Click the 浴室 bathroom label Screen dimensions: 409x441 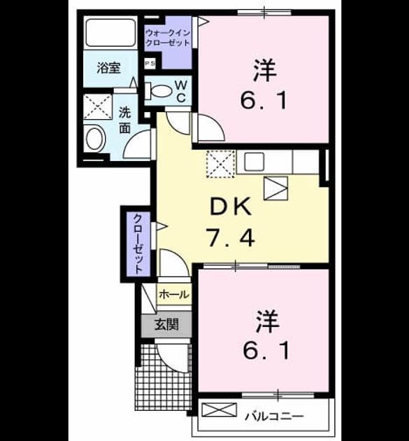(x=108, y=68)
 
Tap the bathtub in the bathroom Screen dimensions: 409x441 (x=110, y=33)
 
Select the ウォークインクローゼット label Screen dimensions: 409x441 (x=168, y=38)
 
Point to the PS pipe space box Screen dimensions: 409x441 (x=150, y=64)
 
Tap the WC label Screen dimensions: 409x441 (x=181, y=91)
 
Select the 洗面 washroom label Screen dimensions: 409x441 (x=124, y=120)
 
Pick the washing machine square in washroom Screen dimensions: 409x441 (x=98, y=107)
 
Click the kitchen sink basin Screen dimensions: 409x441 (x=254, y=162)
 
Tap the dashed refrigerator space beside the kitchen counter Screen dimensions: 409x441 (x=220, y=164)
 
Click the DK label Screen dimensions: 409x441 (x=230, y=206)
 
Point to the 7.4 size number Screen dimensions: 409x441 (x=230, y=237)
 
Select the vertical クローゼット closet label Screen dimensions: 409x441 (x=138, y=244)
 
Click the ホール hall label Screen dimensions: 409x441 (x=173, y=295)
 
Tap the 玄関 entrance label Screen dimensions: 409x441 (x=166, y=325)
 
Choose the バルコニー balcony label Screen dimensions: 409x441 (x=274, y=416)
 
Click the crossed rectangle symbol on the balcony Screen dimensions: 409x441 (x=220, y=409)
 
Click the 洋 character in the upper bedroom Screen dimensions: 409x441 (x=265, y=70)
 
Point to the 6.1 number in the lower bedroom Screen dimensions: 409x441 (x=266, y=351)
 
